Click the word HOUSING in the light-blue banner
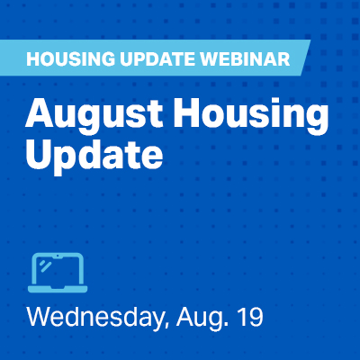(70, 58)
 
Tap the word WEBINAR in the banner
(246, 58)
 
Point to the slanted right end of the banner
(305, 58)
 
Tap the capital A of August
(40, 112)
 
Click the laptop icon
(58, 273)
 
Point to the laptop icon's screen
(58, 270)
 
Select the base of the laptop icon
(58, 289)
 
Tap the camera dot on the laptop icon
(58, 257)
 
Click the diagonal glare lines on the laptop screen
(45, 265)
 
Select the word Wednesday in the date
(94, 317)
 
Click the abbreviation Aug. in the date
(199, 318)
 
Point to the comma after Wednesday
(164, 326)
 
